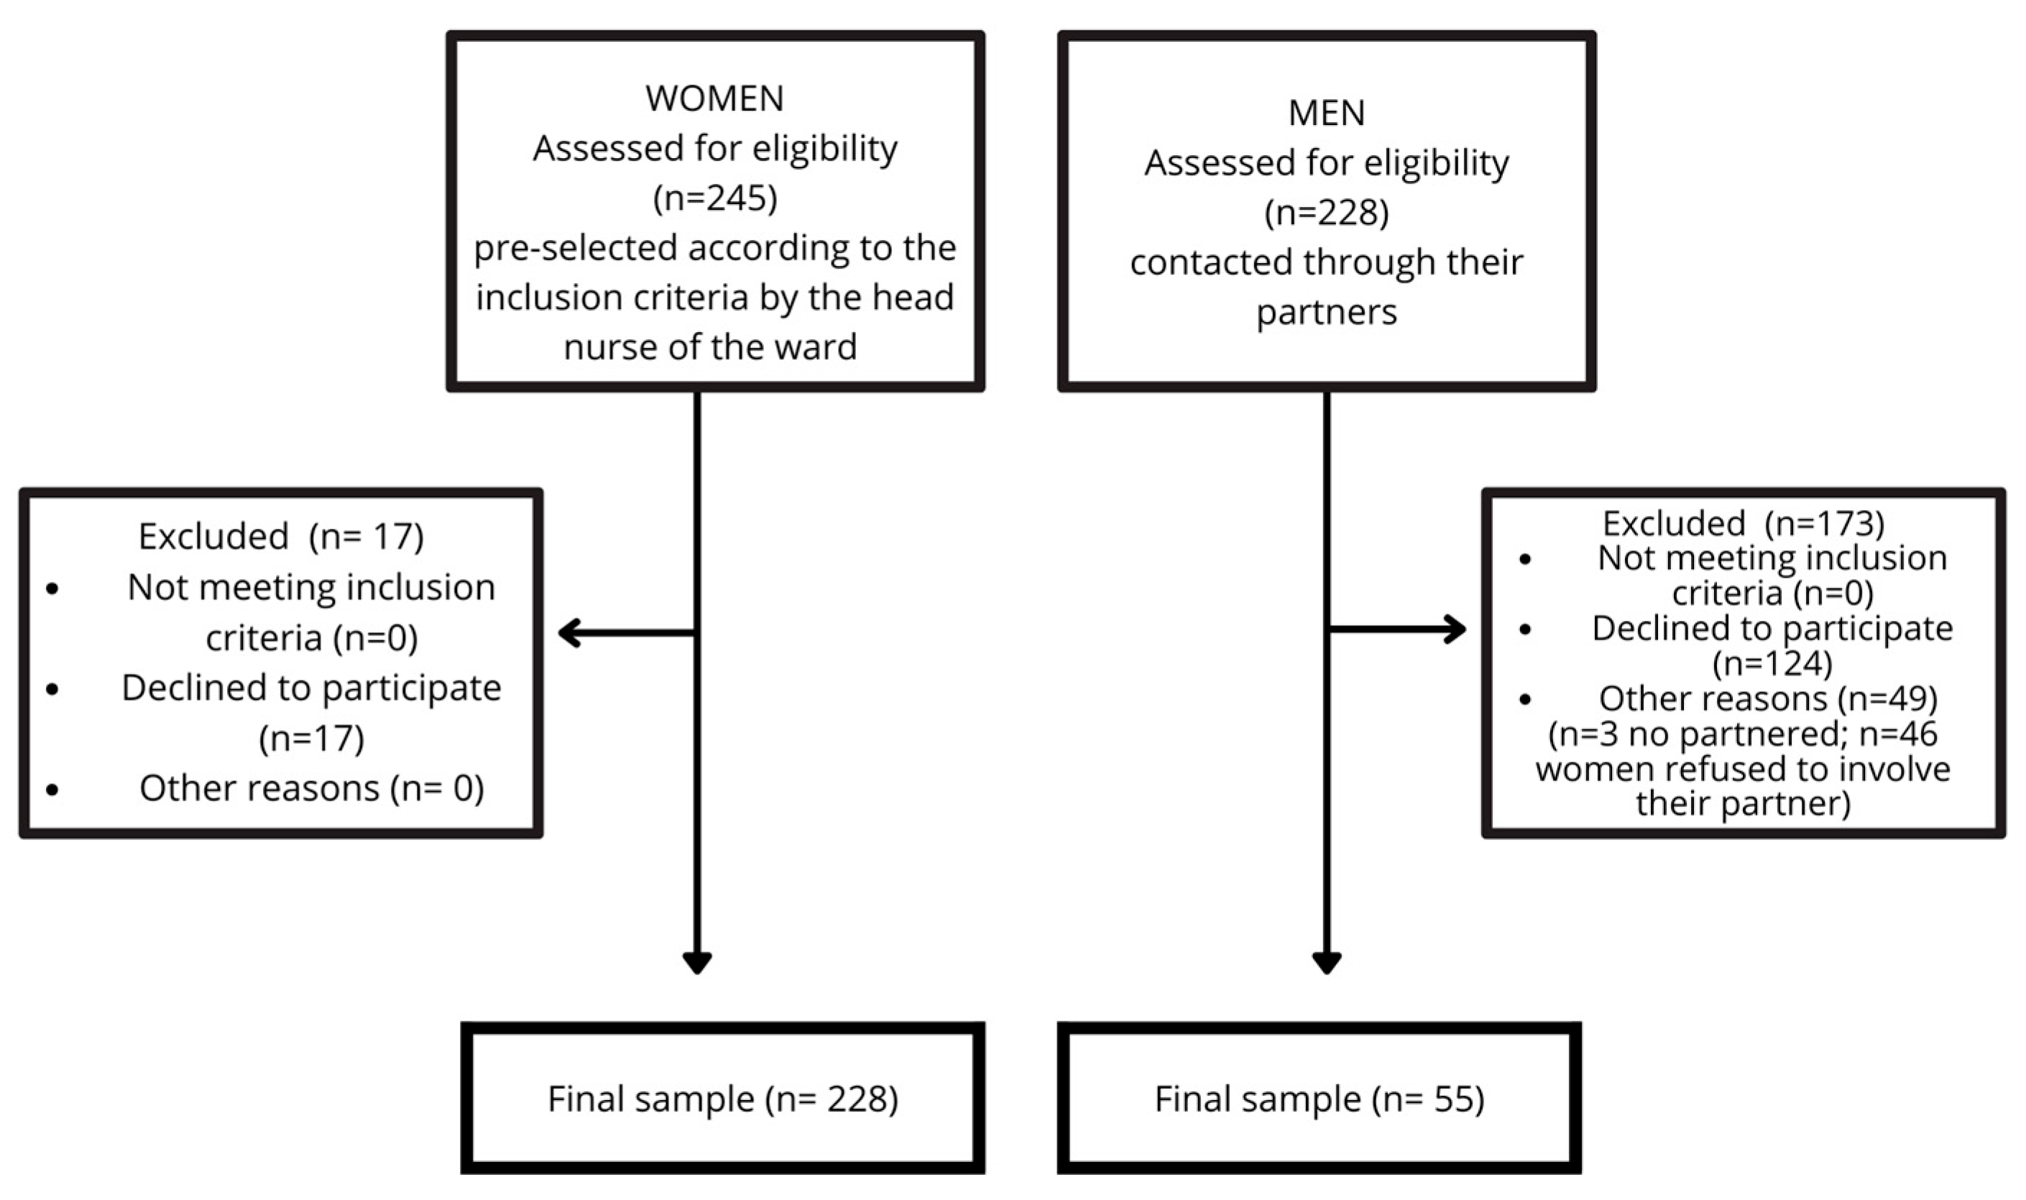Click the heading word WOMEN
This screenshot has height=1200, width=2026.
[x=714, y=98]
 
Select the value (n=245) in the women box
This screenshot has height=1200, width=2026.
[x=715, y=198]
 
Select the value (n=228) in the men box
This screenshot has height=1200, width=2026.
[x=1327, y=213]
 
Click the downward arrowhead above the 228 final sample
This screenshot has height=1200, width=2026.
[x=696, y=962]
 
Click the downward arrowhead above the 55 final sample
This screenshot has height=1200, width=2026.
[x=1327, y=962]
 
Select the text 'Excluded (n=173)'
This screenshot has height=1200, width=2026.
[x=1743, y=524]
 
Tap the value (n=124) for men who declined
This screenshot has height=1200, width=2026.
[x=1772, y=664]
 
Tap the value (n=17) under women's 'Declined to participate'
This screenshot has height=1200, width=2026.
[x=311, y=738]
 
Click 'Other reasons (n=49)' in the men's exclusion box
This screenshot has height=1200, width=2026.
[x=1767, y=698]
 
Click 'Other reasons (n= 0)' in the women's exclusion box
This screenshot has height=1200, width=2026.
[x=311, y=788]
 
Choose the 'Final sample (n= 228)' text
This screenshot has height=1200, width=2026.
[x=722, y=1099]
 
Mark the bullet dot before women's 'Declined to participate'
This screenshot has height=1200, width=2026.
[x=52, y=689]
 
